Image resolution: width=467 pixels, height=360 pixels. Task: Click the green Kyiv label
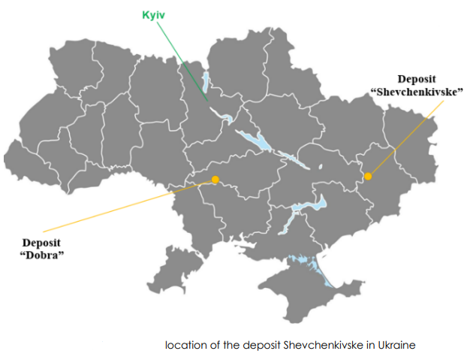pyautogui.click(x=153, y=15)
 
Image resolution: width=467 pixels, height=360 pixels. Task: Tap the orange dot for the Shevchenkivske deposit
pyautogui.click(x=368, y=177)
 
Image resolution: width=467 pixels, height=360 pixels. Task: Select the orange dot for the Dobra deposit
pyautogui.click(x=215, y=180)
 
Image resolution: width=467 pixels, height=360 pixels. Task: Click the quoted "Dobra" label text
pyautogui.click(x=42, y=255)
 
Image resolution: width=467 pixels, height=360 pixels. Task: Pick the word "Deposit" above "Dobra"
pyautogui.click(x=42, y=242)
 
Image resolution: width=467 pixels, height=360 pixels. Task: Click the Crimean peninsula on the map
pyautogui.click(x=300, y=289)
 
